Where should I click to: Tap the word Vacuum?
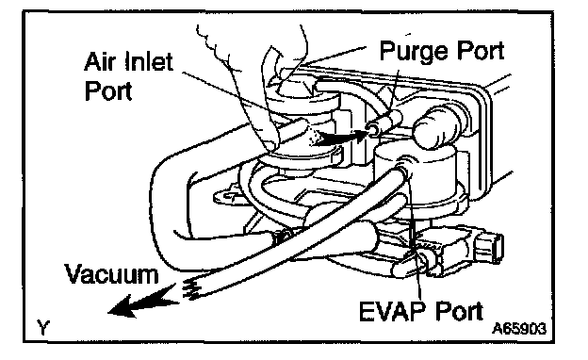(112, 274)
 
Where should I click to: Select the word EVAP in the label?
(393, 311)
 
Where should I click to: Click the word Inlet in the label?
(149, 62)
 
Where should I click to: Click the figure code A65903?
(519, 329)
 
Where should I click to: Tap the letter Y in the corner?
(43, 327)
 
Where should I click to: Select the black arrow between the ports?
(339, 138)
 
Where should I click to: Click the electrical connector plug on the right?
(487, 246)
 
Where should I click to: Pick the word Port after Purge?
(475, 51)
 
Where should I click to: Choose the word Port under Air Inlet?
(108, 90)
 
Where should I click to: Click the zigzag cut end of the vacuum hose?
(193, 288)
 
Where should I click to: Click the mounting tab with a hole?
(227, 195)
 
